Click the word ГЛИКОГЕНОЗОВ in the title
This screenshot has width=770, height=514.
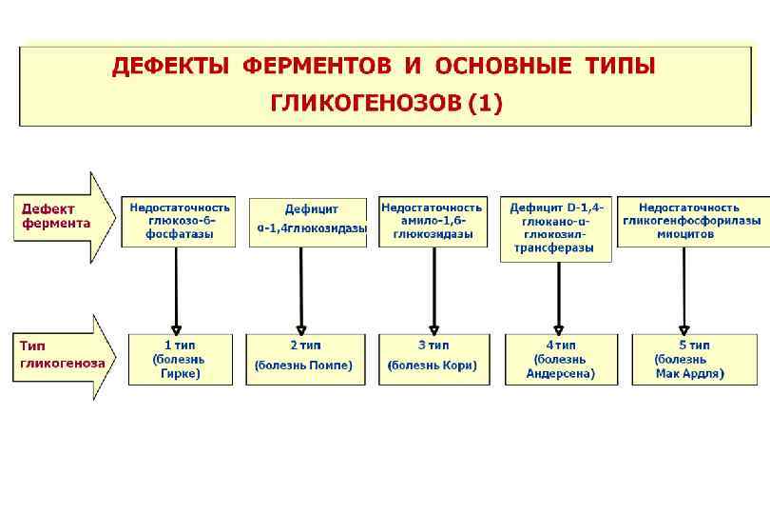pos(366,103)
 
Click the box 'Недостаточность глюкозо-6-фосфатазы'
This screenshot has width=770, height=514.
pos(179,221)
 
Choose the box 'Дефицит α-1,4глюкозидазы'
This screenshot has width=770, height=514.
pos(307,222)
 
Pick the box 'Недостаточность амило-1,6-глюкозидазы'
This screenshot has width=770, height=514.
pos(433,221)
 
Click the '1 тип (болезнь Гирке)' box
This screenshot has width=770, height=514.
pos(179,359)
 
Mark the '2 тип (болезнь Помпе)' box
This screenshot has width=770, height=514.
pos(305,359)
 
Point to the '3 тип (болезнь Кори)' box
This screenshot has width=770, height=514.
pos(433,359)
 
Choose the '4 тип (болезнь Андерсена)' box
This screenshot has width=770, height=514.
pos(560,359)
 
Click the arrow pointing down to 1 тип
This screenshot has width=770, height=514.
pos(177,290)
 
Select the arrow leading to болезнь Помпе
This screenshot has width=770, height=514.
pos(301,290)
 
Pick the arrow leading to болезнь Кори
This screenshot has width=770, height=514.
pos(432,290)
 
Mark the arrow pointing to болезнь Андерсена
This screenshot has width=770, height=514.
pos(558,297)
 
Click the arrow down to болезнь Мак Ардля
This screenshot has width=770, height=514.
pos(684,290)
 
